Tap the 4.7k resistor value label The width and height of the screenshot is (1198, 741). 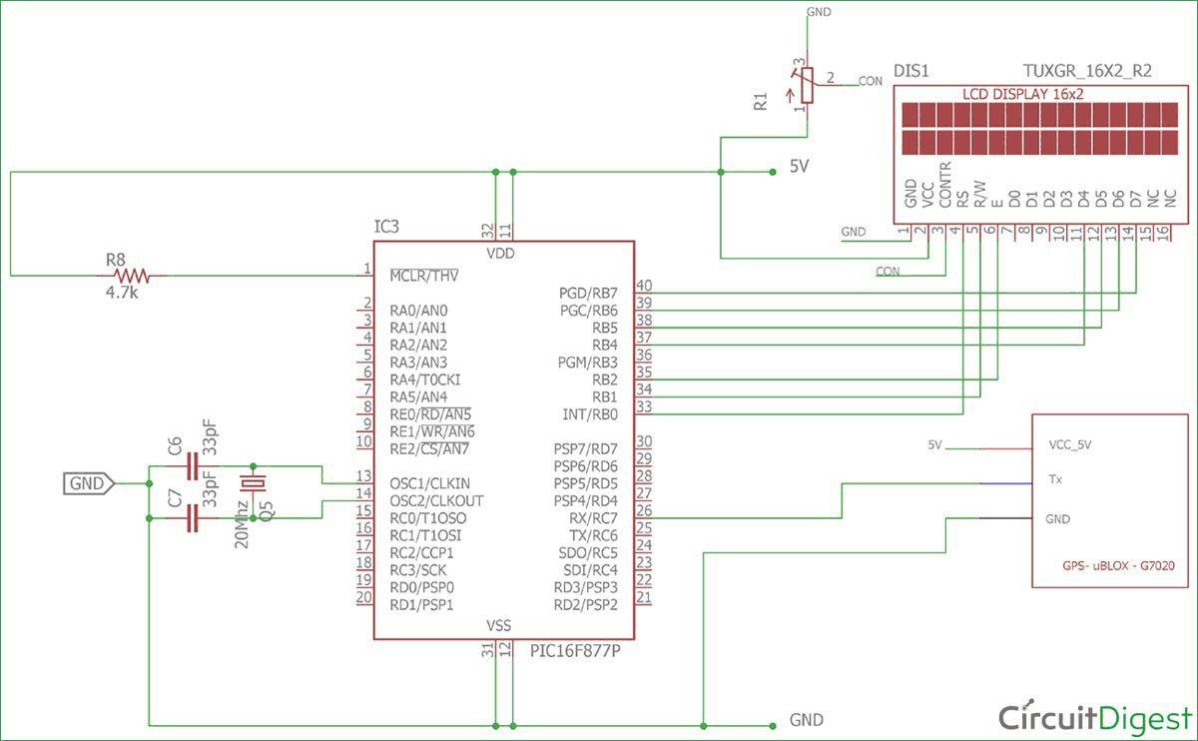[125, 295]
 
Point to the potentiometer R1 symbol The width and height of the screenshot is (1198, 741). [806, 86]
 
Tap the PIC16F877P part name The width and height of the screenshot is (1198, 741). [576, 652]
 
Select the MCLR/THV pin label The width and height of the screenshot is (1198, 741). [424, 275]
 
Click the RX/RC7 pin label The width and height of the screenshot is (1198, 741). [590, 518]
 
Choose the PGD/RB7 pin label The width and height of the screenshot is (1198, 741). [588, 293]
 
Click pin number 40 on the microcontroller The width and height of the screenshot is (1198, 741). [644, 286]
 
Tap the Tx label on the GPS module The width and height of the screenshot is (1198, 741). [1055, 479]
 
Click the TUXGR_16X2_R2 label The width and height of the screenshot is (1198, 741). [1087, 71]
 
